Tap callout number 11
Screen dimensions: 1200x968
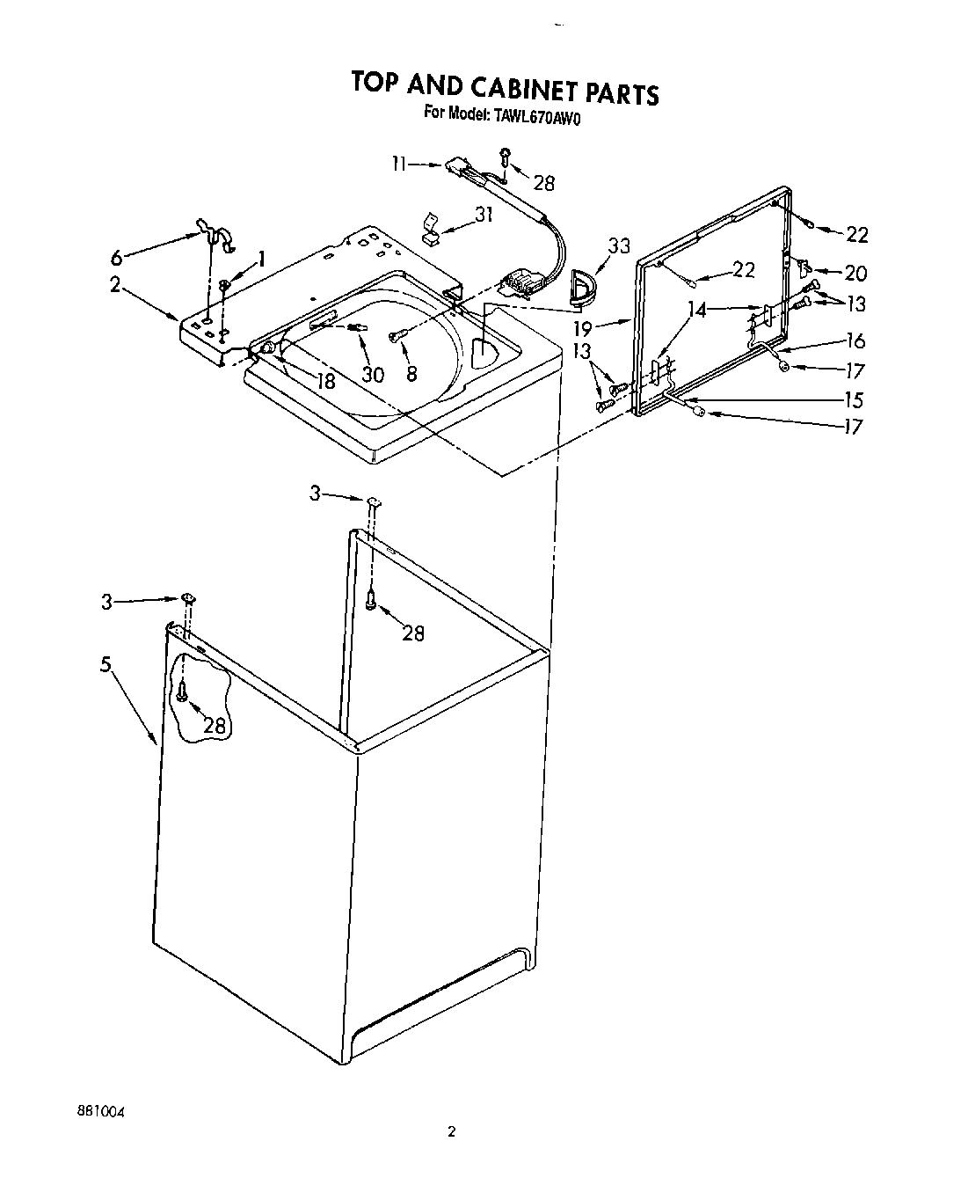[401, 163]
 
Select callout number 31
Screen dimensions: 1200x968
[484, 214]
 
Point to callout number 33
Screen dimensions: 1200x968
[619, 246]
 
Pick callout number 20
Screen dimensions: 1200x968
[855, 273]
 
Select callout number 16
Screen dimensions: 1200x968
[855, 341]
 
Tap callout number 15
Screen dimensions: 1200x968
[853, 400]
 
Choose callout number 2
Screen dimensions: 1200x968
[115, 285]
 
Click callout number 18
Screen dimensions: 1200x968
[324, 381]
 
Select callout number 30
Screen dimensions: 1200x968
[373, 374]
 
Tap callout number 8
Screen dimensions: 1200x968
[411, 372]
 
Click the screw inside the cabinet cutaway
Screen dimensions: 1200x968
[181, 691]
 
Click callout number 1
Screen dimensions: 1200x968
[259, 259]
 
